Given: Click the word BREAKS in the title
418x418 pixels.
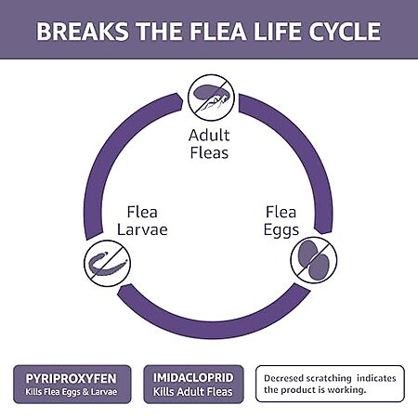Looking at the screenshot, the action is [83, 32].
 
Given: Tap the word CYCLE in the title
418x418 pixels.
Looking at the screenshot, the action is [345, 32].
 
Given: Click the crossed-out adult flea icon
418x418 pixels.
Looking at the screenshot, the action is [211, 98].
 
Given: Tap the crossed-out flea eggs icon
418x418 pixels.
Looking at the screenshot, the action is [314, 260].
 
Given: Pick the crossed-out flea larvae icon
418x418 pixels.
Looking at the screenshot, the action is [107, 264].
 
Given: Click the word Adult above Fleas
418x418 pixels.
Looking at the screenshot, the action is [209, 136].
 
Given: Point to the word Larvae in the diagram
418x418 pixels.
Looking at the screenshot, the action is [142, 229].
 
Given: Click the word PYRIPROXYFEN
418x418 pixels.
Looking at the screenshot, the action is [72, 378].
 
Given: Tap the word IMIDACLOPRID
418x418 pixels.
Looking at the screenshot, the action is [193, 377].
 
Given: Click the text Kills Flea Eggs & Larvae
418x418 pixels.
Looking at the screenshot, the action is [72, 392].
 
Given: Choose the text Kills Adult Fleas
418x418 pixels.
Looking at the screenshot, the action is [192, 392].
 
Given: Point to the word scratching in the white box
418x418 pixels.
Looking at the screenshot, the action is [329, 378].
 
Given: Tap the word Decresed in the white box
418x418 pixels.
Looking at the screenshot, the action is [283, 378].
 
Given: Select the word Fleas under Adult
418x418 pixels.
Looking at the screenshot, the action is [209, 152].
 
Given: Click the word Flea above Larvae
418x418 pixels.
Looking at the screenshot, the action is [142, 212].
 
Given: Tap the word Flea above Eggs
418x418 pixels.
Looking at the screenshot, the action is [281, 212].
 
